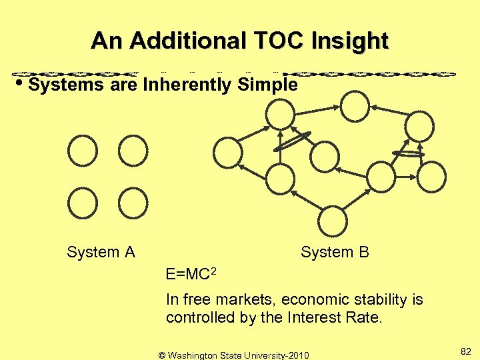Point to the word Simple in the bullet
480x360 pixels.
pos(267,85)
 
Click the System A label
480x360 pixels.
pos(101,252)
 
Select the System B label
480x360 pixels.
pos(335,252)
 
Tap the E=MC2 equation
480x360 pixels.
pos(191,273)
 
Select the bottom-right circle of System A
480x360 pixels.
pos(133,203)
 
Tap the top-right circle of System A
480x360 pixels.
pos(133,151)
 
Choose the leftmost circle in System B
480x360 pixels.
pos(227,152)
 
